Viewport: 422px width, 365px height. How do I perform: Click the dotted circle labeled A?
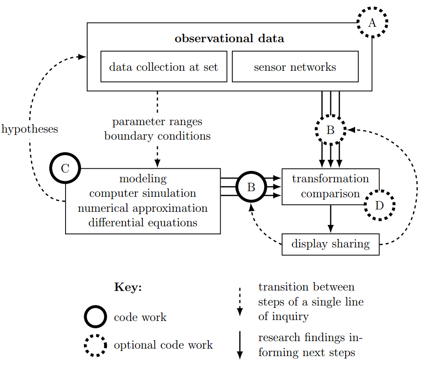[372, 22]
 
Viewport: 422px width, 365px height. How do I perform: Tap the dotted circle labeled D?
[379, 205]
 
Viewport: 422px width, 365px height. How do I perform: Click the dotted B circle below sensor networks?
[330, 130]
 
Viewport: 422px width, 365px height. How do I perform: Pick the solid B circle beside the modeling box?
[251, 187]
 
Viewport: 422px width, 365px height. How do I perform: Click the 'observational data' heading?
[229, 38]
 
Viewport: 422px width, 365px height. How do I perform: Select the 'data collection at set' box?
[163, 67]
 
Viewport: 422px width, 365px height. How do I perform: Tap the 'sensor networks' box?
[295, 67]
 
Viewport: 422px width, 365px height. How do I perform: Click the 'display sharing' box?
[330, 244]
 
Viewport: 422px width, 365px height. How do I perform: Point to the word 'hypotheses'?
[30, 129]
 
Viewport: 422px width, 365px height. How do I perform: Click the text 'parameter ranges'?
[157, 122]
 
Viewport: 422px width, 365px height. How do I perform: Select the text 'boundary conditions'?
[157, 136]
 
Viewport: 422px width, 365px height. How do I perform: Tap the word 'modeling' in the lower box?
[143, 179]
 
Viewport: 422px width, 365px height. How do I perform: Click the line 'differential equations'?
[143, 223]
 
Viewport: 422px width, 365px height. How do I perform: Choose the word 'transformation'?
[330, 179]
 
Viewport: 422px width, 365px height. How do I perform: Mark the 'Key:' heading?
[128, 287]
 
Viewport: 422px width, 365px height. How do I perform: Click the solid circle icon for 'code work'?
[96, 317]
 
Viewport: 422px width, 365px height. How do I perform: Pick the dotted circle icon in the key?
[96, 345]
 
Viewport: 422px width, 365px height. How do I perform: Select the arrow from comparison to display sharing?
[331, 218]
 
